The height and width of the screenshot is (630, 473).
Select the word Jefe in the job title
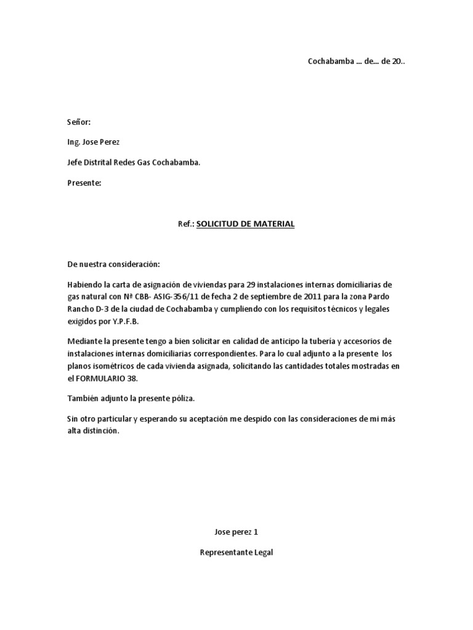(x=75, y=163)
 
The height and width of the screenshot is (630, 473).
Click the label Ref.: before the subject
(x=186, y=224)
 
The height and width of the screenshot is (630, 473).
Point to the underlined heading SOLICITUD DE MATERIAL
(x=245, y=224)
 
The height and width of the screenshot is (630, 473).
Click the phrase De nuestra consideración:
(x=113, y=265)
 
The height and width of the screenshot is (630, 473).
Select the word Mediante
(x=84, y=341)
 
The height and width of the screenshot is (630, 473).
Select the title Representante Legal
(x=236, y=552)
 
